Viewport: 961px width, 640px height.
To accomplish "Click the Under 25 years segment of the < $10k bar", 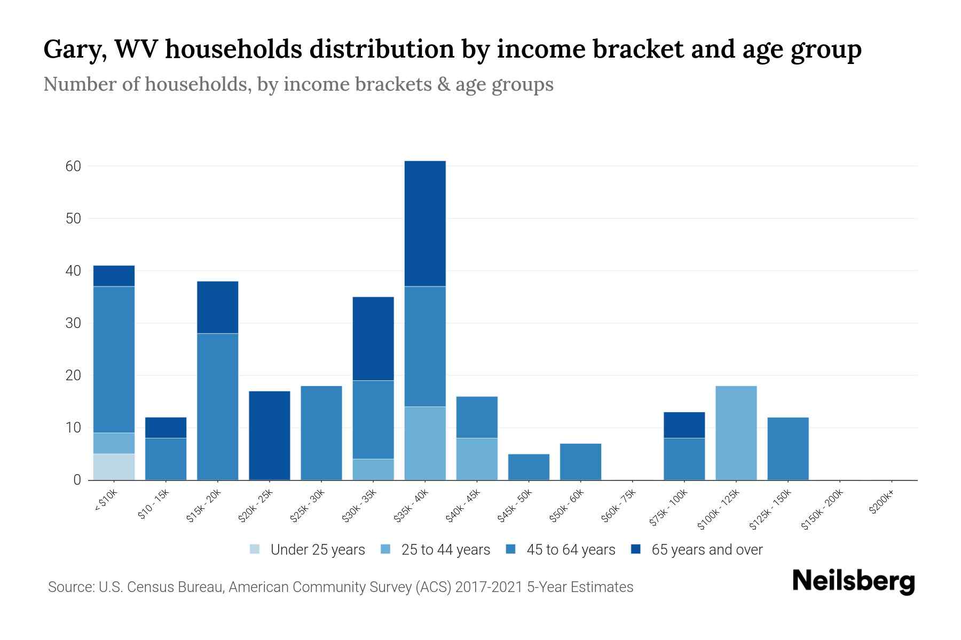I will tap(114, 467).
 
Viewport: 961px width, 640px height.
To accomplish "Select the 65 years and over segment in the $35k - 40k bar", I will tap(425, 223).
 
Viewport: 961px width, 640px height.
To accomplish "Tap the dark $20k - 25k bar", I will tap(270, 435).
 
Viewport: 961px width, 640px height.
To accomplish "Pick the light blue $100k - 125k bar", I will tap(736, 433).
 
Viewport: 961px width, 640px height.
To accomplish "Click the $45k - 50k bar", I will tap(529, 467).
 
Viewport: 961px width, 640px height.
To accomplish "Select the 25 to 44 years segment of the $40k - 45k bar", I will tap(477, 459).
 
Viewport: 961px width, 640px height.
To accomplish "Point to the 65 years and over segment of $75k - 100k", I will tap(684, 425).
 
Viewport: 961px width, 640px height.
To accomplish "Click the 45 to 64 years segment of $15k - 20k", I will tap(218, 406).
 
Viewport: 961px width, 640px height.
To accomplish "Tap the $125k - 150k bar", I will tap(788, 449).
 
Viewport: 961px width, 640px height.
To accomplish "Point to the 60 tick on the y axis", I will tap(74, 166).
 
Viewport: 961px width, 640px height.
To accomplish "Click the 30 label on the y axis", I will tap(74, 323).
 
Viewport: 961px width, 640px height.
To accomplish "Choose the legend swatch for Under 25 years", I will tap(255, 549).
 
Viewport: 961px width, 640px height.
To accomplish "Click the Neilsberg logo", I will tap(854, 581).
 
